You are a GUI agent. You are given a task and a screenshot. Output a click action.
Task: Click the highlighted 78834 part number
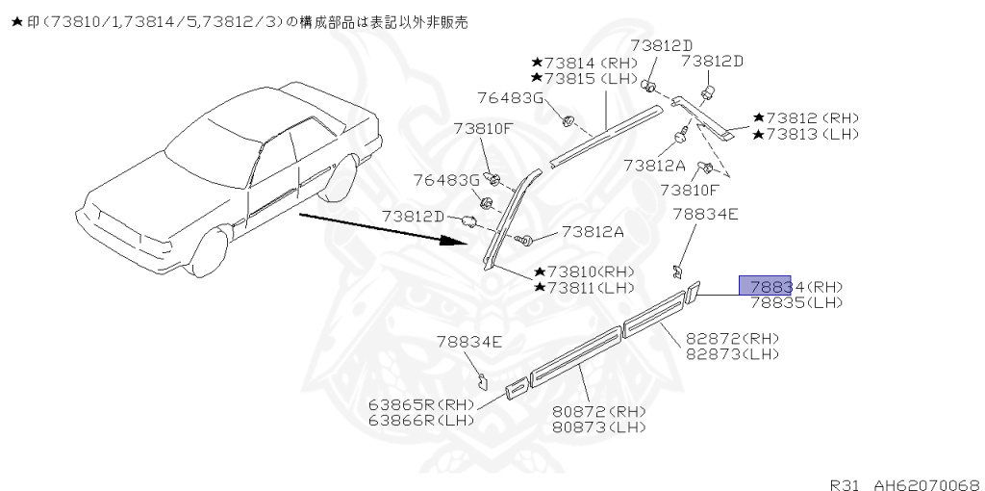click(765, 286)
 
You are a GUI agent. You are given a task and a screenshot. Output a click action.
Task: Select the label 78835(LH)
click(796, 302)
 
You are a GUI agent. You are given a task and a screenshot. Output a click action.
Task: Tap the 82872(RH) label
click(731, 339)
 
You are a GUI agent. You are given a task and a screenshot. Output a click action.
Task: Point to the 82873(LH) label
click(731, 354)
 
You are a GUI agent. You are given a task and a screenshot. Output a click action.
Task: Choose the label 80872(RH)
click(598, 412)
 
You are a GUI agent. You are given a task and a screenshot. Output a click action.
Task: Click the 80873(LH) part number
click(598, 427)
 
